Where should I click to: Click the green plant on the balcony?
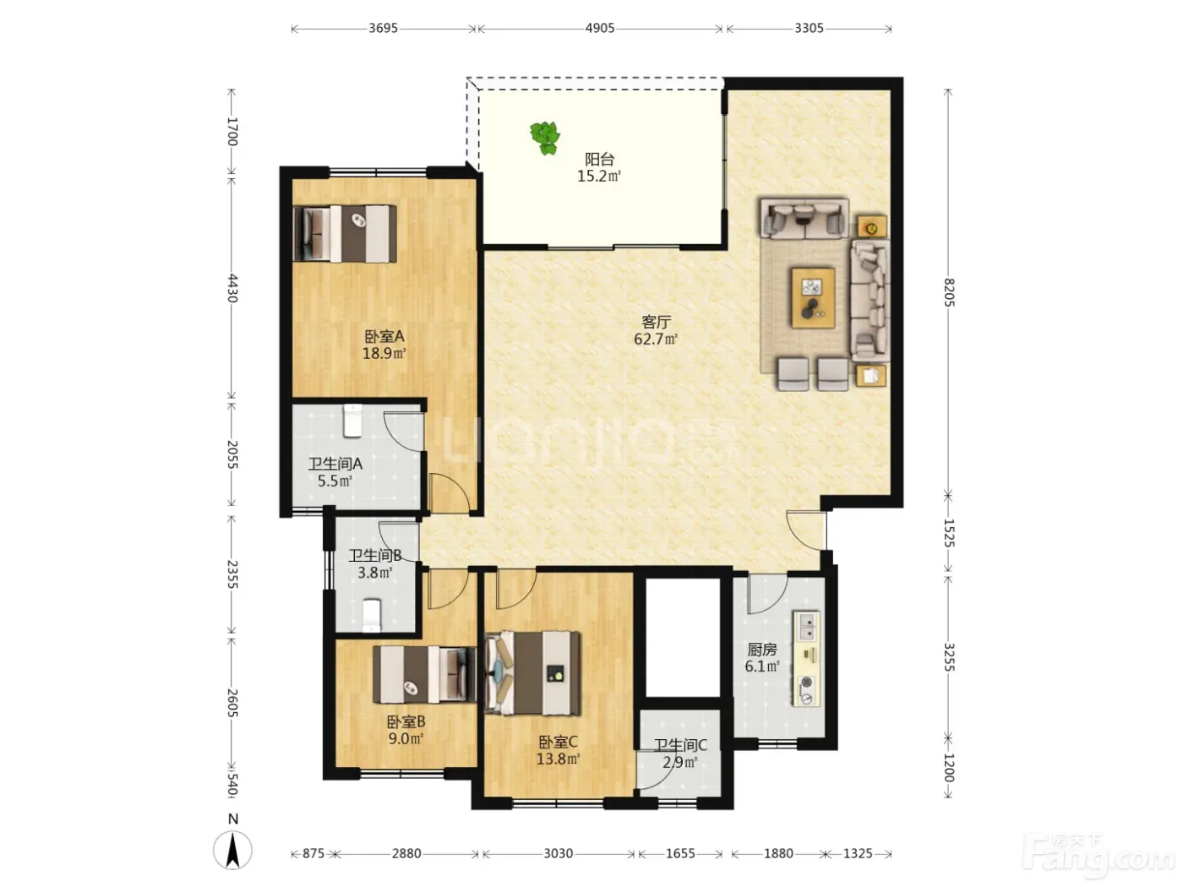(x=544, y=138)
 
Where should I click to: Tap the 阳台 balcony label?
(x=599, y=160)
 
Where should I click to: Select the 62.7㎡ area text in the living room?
(x=656, y=340)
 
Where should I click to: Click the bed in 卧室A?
(x=345, y=234)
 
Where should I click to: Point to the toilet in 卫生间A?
(x=353, y=422)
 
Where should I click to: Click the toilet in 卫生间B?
(x=371, y=615)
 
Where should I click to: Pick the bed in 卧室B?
(x=425, y=675)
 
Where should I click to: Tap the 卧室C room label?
(x=558, y=743)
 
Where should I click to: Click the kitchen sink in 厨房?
(x=807, y=626)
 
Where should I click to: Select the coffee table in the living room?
(x=813, y=298)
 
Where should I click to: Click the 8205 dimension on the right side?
(x=949, y=292)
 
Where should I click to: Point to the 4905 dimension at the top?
(x=600, y=28)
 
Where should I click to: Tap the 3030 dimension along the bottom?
(x=558, y=853)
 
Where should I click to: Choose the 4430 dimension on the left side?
(x=232, y=288)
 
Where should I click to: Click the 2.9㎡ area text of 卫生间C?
(x=680, y=763)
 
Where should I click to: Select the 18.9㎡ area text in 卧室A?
(x=384, y=354)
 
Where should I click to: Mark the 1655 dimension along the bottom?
(x=680, y=853)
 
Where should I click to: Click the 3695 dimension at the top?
(x=383, y=28)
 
